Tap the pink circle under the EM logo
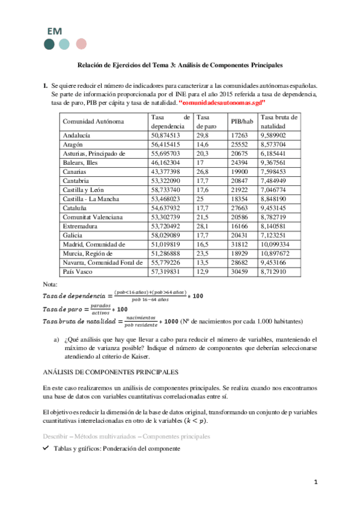pyautogui.click(x=81, y=44)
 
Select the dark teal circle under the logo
pyautogui.click(x=49, y=44)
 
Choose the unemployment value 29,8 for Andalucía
pyautogui.click(x=203, y=136)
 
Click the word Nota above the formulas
pyautogui.click(x=51, y=283)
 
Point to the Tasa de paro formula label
pyautogui.click(x=64, y=309)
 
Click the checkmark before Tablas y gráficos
pyautogui.click(x=46, y=448)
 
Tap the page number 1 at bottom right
pyautogui.click(x=315, y=482)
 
